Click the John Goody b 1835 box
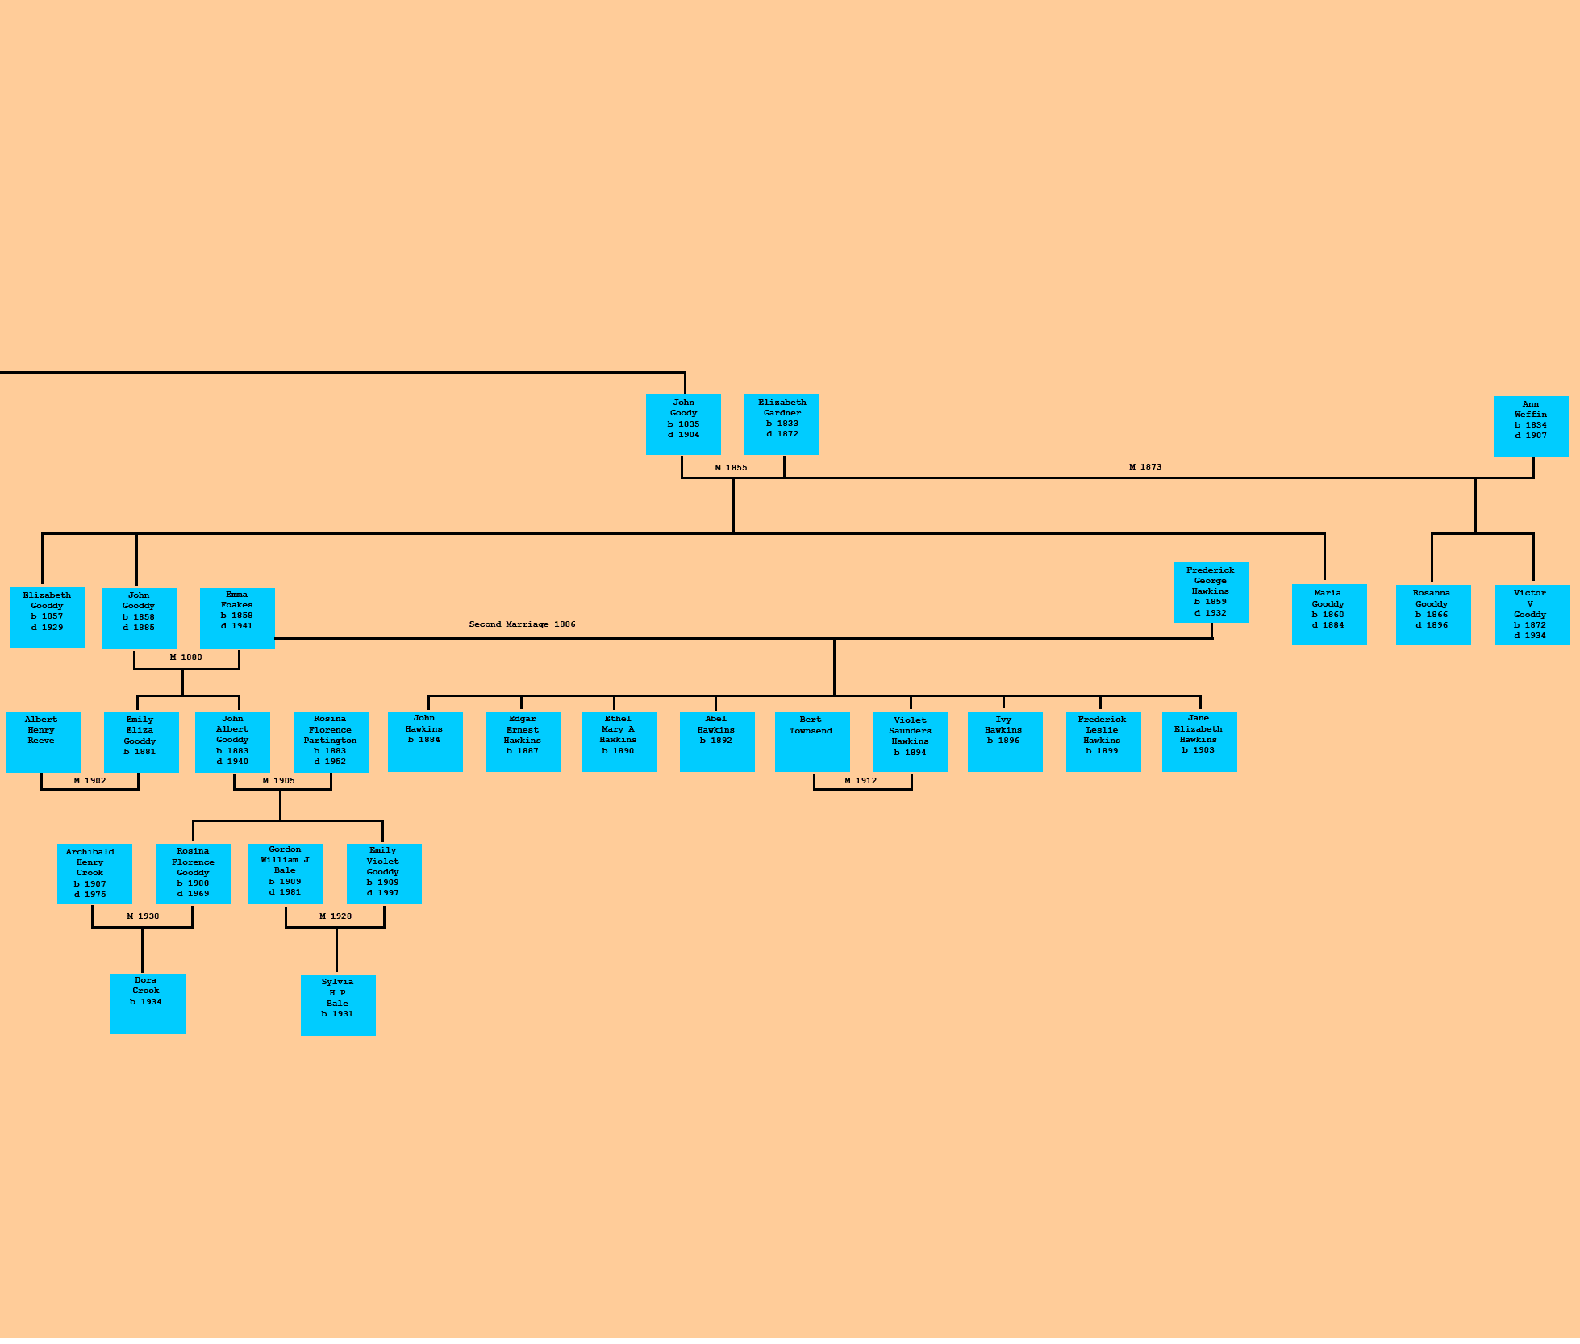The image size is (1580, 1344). (x=683, y=424)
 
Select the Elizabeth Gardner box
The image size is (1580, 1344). (x=782, y=424)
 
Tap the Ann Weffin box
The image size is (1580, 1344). (x=1531, y=426)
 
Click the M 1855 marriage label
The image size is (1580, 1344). (x=731, y=468)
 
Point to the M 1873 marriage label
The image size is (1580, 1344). (x=1145, y=467)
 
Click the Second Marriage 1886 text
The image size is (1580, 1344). (x=522, y=624)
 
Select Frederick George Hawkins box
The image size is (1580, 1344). (x=1211, y=592)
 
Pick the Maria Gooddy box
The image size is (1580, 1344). (x=1329, y=614)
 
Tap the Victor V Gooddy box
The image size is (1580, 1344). (x=1532, y=615)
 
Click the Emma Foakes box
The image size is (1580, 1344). (x=237, y=618)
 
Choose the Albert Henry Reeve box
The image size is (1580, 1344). (x=43, y=742)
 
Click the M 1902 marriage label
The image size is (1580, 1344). (x=90, y=781)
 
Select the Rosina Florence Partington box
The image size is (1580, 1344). (x=331, y=742)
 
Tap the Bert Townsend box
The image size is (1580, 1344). (x=812, y=741)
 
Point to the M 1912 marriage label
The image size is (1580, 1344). (x=861, y=781)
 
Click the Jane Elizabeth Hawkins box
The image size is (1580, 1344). (x=1199, y=741)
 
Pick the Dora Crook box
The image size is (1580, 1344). (x=148, y=1004)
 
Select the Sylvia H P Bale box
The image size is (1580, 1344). (x=338, y=1005)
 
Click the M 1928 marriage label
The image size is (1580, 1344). (x=336, y=916)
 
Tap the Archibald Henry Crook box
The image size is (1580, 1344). (x=94, y=874)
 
